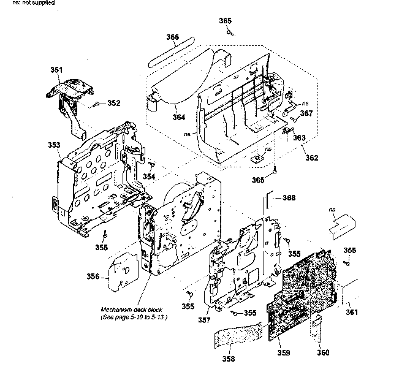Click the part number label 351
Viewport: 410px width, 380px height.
coord(56,71)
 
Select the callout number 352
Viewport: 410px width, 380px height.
coord(114,103)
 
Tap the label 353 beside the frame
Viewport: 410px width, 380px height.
coord(54,145)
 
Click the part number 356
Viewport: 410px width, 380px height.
coord(93,276)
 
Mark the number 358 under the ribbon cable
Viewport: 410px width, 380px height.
coord(228,359)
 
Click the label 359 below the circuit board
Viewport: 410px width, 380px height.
coord(283,353)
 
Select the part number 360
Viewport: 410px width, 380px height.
coord(323,352)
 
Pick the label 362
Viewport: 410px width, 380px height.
coord(312,158)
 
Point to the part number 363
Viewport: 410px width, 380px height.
coord(298,138)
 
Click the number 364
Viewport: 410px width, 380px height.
coord(161,117)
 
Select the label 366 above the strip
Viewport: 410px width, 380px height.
coord(172,37)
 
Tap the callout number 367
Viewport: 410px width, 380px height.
coord(306,113)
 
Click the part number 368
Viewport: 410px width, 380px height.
coord(289,198)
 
